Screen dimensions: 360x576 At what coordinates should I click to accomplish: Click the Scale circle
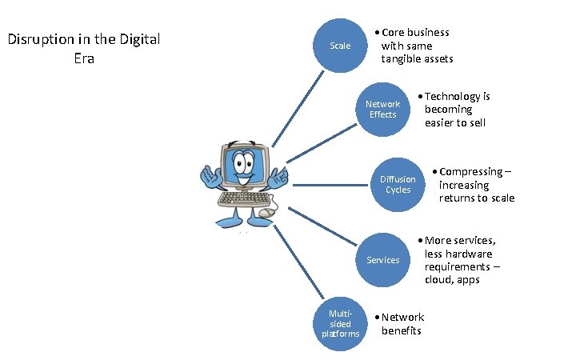pos(340,46)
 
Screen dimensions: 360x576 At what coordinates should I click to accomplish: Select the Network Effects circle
pos(382,110)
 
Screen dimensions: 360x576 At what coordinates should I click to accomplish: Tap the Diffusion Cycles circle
pos(398,185)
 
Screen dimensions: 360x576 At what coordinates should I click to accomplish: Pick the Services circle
pos(382,260)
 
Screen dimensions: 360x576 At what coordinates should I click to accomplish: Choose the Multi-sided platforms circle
pos(340,323)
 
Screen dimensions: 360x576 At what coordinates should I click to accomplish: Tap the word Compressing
pos(471,171)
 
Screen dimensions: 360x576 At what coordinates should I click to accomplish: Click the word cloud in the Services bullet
pos(439,279)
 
